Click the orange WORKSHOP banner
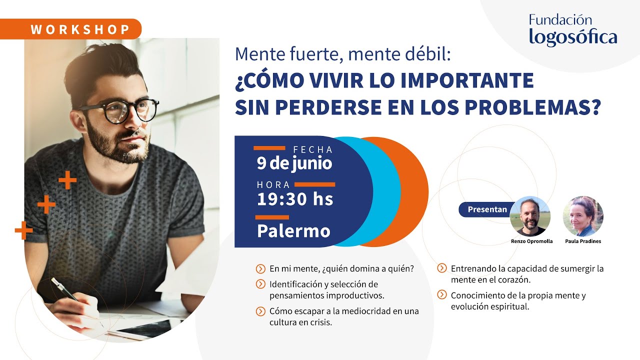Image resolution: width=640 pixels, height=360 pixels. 80,29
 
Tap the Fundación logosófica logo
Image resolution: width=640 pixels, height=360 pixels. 573,30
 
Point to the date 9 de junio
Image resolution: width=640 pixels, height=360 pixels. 294,163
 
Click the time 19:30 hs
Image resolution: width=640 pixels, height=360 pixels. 294,199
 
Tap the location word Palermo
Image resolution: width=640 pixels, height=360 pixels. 293,230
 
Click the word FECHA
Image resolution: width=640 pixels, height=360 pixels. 312,149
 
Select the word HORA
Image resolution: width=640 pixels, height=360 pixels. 273,185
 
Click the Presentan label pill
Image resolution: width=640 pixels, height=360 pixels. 486,209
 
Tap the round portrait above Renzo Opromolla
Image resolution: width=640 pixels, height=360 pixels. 530,216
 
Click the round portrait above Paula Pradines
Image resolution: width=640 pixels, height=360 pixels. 583,216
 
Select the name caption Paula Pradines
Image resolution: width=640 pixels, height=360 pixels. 583,241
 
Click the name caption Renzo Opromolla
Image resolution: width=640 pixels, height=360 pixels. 531,241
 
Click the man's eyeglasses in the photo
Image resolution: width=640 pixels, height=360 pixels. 120,110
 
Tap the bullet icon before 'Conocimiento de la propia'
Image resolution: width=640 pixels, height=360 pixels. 442,294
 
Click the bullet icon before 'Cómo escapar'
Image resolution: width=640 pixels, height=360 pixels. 260,311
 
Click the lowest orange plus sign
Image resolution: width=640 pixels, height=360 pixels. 23,230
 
